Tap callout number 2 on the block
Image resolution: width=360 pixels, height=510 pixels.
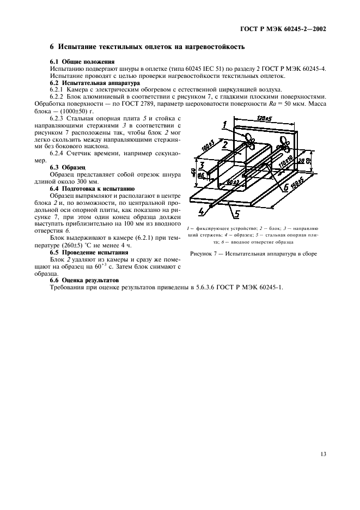[224, 144]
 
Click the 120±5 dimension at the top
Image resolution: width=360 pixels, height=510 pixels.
[264, 118]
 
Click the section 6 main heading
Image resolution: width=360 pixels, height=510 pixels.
[147, 47]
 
